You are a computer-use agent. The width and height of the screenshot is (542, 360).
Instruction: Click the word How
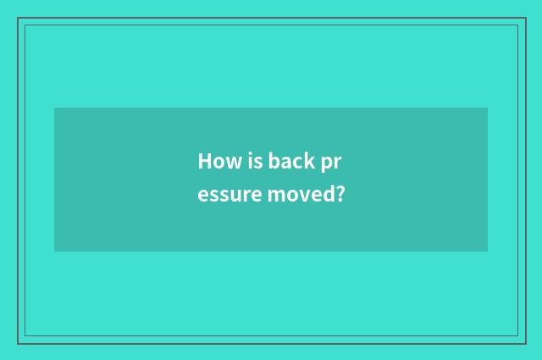pos(216,161)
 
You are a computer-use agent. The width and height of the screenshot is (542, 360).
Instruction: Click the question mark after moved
pos(340,195)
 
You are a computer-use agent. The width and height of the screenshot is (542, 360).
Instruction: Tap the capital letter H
pos(204,161)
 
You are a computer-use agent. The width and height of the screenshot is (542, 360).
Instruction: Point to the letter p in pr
pos(328,163)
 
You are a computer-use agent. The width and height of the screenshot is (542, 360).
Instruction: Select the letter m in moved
pos(275,197)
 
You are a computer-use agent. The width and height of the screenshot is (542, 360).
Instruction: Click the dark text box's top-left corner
pos(54,108)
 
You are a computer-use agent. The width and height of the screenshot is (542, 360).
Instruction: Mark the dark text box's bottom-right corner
pos(488,252)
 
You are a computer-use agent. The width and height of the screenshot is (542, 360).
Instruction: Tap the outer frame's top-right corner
pos(525,18)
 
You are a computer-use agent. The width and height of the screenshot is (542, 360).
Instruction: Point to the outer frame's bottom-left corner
pos(18,343)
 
